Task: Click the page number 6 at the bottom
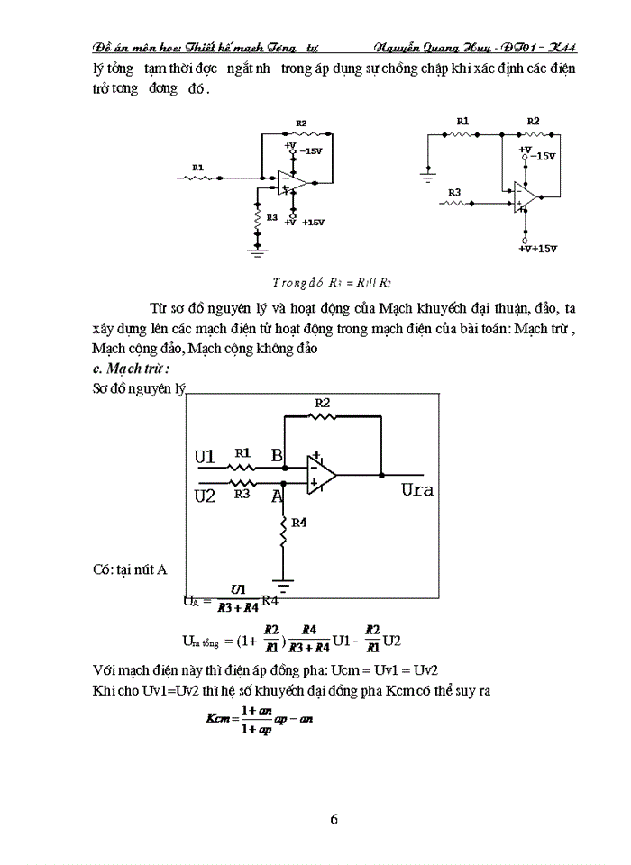(x=334, y=819)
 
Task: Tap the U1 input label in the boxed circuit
(x=206, y=457)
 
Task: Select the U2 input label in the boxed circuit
(x=206, y=495)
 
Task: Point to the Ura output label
(x=417, y=490)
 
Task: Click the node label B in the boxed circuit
(x=277, y=455)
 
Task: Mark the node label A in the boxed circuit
(x=277, y=495)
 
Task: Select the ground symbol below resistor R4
(x=284, y=587)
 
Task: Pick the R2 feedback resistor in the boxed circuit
(x=322, y=417)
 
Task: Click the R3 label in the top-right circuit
(x=454, y=192)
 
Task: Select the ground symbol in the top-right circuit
(x=428, y=170)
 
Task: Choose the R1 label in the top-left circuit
(x=197, y=167)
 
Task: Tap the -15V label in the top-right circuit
(x=542, y=156)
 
